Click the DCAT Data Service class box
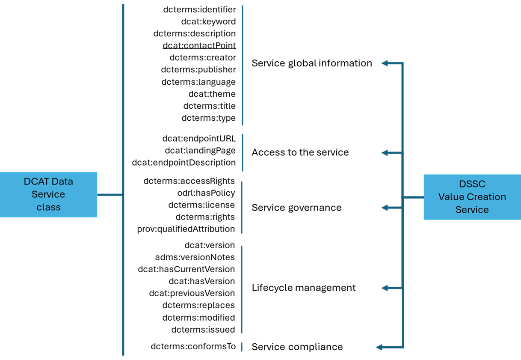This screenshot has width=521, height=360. pos(48,194)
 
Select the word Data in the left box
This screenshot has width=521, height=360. pos(62,181)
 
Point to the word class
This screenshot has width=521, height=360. pos(48,207)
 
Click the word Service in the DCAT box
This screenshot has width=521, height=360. pos(48,194)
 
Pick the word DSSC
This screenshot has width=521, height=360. pos(472,184)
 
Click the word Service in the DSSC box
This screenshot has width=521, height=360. pos(472,210)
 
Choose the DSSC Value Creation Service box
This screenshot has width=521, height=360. pos(472,197)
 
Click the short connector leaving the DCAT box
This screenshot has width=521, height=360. pos(110,195)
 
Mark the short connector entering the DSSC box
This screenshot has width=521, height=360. pos(413,197)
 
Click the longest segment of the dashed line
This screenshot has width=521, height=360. pos(243,64)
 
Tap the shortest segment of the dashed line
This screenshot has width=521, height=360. pos(242,347)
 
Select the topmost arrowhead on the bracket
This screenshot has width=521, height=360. pos(384,63)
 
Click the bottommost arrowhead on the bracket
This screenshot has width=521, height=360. pos(379,347)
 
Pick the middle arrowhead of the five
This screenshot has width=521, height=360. pos(384,208)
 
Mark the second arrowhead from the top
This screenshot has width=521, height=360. pos(384,153)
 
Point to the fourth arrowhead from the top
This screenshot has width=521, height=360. pos(384,288)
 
